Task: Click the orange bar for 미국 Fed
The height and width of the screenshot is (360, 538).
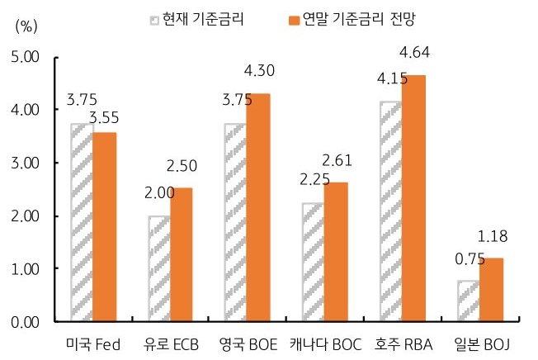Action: (104, 227)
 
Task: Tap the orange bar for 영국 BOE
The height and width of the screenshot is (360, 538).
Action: (257, 207)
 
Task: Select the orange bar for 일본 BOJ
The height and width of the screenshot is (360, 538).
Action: (492, 290)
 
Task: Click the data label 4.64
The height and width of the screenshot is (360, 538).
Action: (415, 54)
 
